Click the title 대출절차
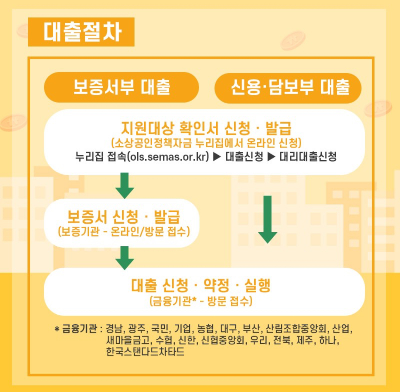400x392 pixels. click(82, 32)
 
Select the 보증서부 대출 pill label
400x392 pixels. click(121, 87)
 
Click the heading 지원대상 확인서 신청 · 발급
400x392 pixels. click(206, 128)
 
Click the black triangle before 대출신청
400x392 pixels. click(217, 156)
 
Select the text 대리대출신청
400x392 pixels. click(308, 156)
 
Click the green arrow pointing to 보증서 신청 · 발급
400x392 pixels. click(125, 186)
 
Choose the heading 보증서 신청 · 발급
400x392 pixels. click(123, 217)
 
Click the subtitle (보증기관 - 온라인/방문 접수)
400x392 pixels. click(124, 231)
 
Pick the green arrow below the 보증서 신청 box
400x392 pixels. click(125, 258)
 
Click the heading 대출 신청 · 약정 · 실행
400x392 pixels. click(201, 285)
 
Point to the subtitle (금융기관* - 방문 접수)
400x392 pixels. click(201, 301)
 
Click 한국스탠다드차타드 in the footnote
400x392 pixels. click(145, 351)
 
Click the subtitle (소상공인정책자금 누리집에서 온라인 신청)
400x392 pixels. click(206, 143)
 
